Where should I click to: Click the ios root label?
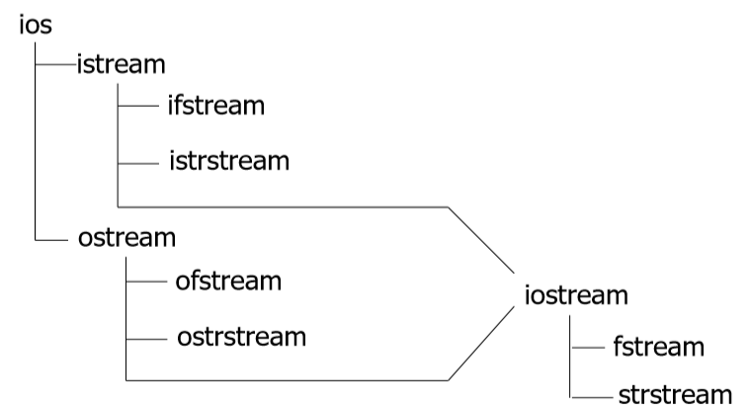36,25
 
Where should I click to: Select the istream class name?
122,64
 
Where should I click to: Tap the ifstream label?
216,105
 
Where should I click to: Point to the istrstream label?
229,161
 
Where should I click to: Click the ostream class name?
127,237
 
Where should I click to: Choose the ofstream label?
228,281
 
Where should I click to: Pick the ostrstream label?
242,337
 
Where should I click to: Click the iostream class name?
576,294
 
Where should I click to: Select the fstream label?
659,347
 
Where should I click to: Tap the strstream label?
675,395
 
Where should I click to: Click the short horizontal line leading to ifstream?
138,106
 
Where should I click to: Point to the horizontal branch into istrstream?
138,163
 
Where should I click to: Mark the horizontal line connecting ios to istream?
56,64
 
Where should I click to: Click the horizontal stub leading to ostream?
51,240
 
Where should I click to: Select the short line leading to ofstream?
146,282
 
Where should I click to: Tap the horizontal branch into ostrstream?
146,339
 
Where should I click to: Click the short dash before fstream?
589,348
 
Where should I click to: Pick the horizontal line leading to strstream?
592,397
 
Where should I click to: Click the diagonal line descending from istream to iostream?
481,240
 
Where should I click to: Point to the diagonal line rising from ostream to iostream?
481,344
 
